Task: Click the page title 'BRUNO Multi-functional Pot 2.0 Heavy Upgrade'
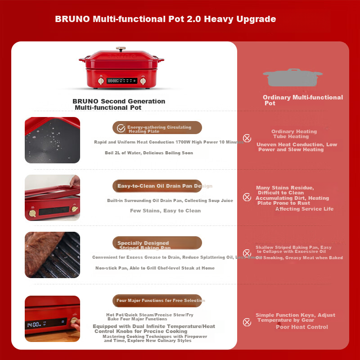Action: pos(165,19)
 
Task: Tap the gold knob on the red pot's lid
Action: pos(121,48)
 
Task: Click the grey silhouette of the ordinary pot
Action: pos(292,78)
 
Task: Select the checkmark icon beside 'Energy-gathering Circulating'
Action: pos(121,128)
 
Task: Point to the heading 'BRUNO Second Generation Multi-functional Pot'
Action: pos(118,104)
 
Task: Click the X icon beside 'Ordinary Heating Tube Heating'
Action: pos(247,138)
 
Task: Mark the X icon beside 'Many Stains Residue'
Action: pos(247,197)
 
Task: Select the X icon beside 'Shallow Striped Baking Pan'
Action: pos(247,253)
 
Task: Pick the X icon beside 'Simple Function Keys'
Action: pos(247,322)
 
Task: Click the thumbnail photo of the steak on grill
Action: pos(52,255)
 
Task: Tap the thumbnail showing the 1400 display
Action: pos(52,319)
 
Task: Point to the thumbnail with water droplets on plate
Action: pos(52,140)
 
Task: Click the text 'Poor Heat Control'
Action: pos(301,327)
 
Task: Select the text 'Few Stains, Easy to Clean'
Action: pos(165,211)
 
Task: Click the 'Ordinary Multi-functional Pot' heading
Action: pos(302,100)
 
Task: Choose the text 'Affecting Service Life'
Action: pos(304,209)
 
